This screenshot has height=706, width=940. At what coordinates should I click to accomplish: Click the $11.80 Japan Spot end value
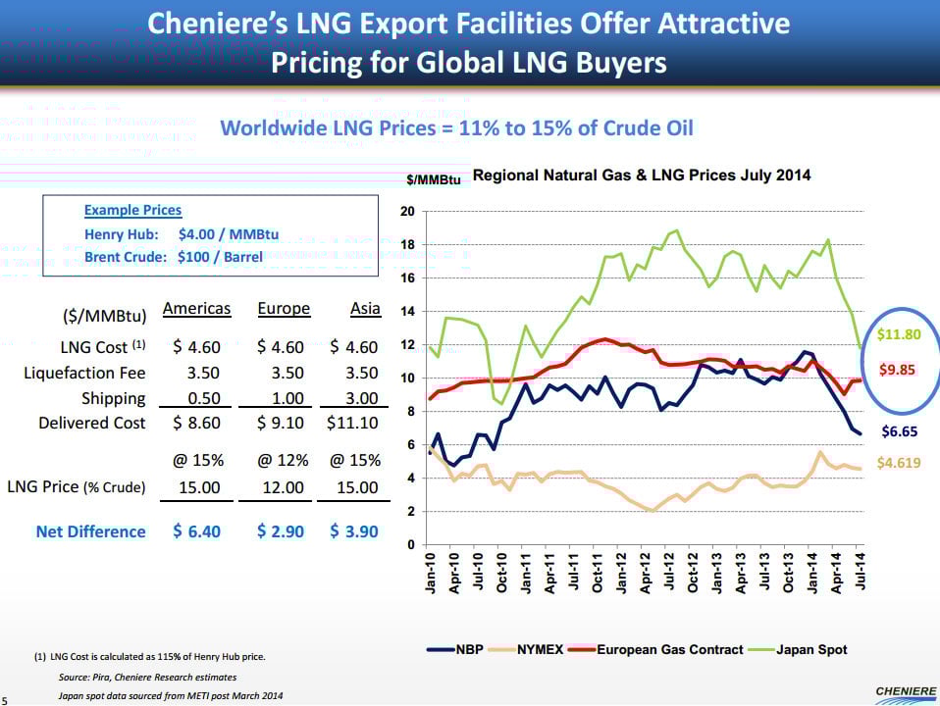pyautogui.click(x=898, y=334)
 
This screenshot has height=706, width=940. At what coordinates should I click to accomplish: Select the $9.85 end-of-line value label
pyautogui.click(x=897, y=370)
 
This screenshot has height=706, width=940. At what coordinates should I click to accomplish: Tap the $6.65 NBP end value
pyautogui.click(x=898, y=430)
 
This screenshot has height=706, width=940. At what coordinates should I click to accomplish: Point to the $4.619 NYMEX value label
pyautogui.click(x=899, y=463)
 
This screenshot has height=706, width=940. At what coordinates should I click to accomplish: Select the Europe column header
pyautogui.click(x=283, y=309)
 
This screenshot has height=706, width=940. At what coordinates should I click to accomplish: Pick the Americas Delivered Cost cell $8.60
pyautogui.click(x=196, y=423)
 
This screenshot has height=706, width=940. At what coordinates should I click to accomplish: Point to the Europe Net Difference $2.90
pyautogui.click(x=281, y=530)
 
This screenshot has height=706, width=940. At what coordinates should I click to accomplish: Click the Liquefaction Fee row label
pyautogui.click(x=84, y=373)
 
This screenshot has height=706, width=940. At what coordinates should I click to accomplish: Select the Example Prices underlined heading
pyautogui.click(x=132, y=210)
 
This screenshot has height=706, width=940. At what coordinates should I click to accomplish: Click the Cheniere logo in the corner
pyautogui.click(x=904, y=692)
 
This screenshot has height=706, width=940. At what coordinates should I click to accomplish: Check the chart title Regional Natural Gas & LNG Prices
pyautogui.click(x=642, y=176)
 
